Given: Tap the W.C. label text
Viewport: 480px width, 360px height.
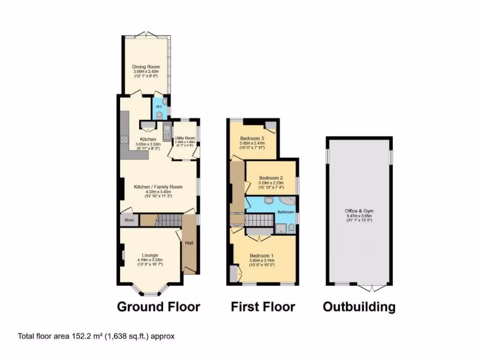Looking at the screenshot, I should click(x=158, y=105).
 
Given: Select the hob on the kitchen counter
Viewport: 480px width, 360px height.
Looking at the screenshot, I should click(x=125, y=139).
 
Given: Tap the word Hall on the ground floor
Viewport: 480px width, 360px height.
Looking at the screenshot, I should click(x=189, y=243).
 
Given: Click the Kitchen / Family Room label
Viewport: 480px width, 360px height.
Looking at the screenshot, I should click(x=158, y=187).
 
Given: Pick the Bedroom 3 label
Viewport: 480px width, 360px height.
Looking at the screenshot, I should click(x=252, y=139).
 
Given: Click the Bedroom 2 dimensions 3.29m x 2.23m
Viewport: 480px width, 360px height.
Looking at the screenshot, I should click(x=271, y=183).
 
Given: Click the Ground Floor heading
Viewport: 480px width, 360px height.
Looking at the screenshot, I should click(x=158, y=307).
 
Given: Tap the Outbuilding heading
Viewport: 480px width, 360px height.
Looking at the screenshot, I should click(x=359, y=307).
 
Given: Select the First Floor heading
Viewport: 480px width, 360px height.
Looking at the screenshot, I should click(x=263, y=307).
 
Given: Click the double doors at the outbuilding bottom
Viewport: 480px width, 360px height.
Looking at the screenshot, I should click(x=372, y=286).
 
